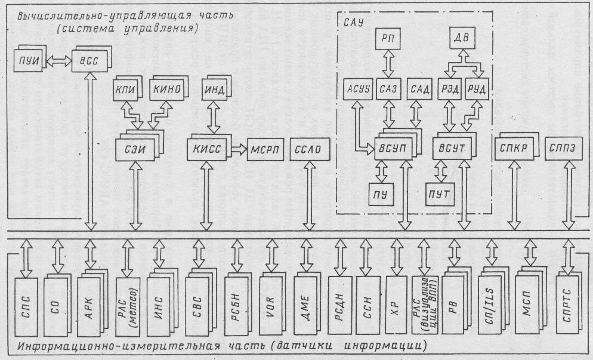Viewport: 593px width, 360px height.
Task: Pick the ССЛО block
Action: (x=308, y=149)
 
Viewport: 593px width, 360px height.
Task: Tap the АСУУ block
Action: (x=356, y=90)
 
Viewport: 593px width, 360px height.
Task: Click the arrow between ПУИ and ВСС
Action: (x=58, y=60)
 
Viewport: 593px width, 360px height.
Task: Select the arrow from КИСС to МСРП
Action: (x=239, y=149)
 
